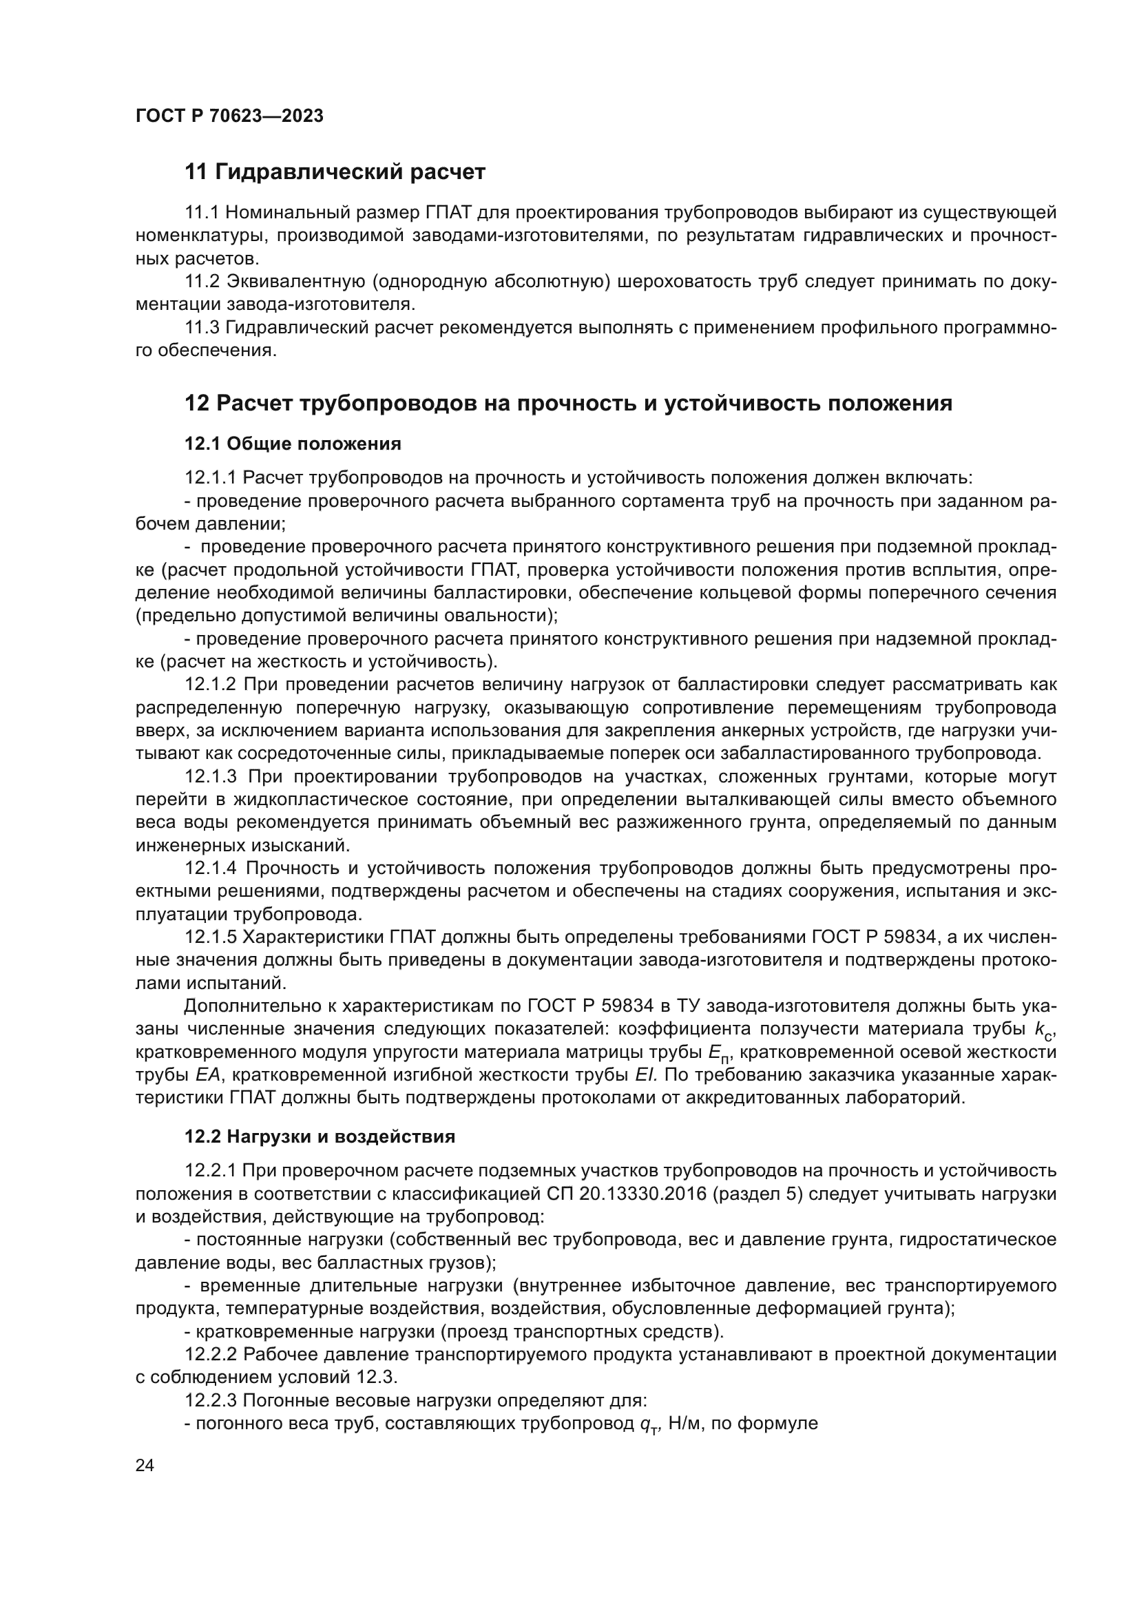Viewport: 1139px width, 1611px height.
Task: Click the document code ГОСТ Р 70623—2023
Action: (229, 116)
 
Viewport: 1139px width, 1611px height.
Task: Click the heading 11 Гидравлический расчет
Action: (335, 172)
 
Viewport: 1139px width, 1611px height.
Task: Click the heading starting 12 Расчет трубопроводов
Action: (568, 404)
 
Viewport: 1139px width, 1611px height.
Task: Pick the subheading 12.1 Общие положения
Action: (293, 444)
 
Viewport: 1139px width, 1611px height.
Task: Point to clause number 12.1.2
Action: (211, 684)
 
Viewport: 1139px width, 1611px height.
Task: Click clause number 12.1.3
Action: (211, 777)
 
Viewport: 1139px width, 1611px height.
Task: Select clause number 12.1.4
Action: (211, 869)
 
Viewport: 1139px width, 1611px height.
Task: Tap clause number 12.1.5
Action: (211, 937)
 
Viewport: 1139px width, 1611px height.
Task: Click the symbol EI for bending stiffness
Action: (645, 1076)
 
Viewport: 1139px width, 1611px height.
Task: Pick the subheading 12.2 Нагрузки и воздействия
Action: (320, 1136)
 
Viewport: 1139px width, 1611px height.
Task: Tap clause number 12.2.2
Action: (211, 1354)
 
